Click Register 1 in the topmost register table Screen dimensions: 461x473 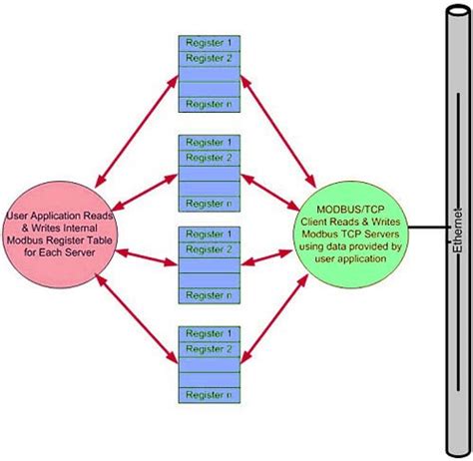(x=208, y=42)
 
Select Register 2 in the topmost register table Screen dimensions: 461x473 (x=208, y=58)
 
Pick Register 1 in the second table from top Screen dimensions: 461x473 (x=208, y=142)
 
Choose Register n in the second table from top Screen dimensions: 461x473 (x=208, y=204)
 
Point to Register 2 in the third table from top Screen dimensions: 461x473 (x=208, y=248)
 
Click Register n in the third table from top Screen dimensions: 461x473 (x=208, y=295)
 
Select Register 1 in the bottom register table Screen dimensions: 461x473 (x=208, y=332)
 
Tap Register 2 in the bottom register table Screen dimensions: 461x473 (x=208, y=348)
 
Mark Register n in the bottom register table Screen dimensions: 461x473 (x=208, y=396)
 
